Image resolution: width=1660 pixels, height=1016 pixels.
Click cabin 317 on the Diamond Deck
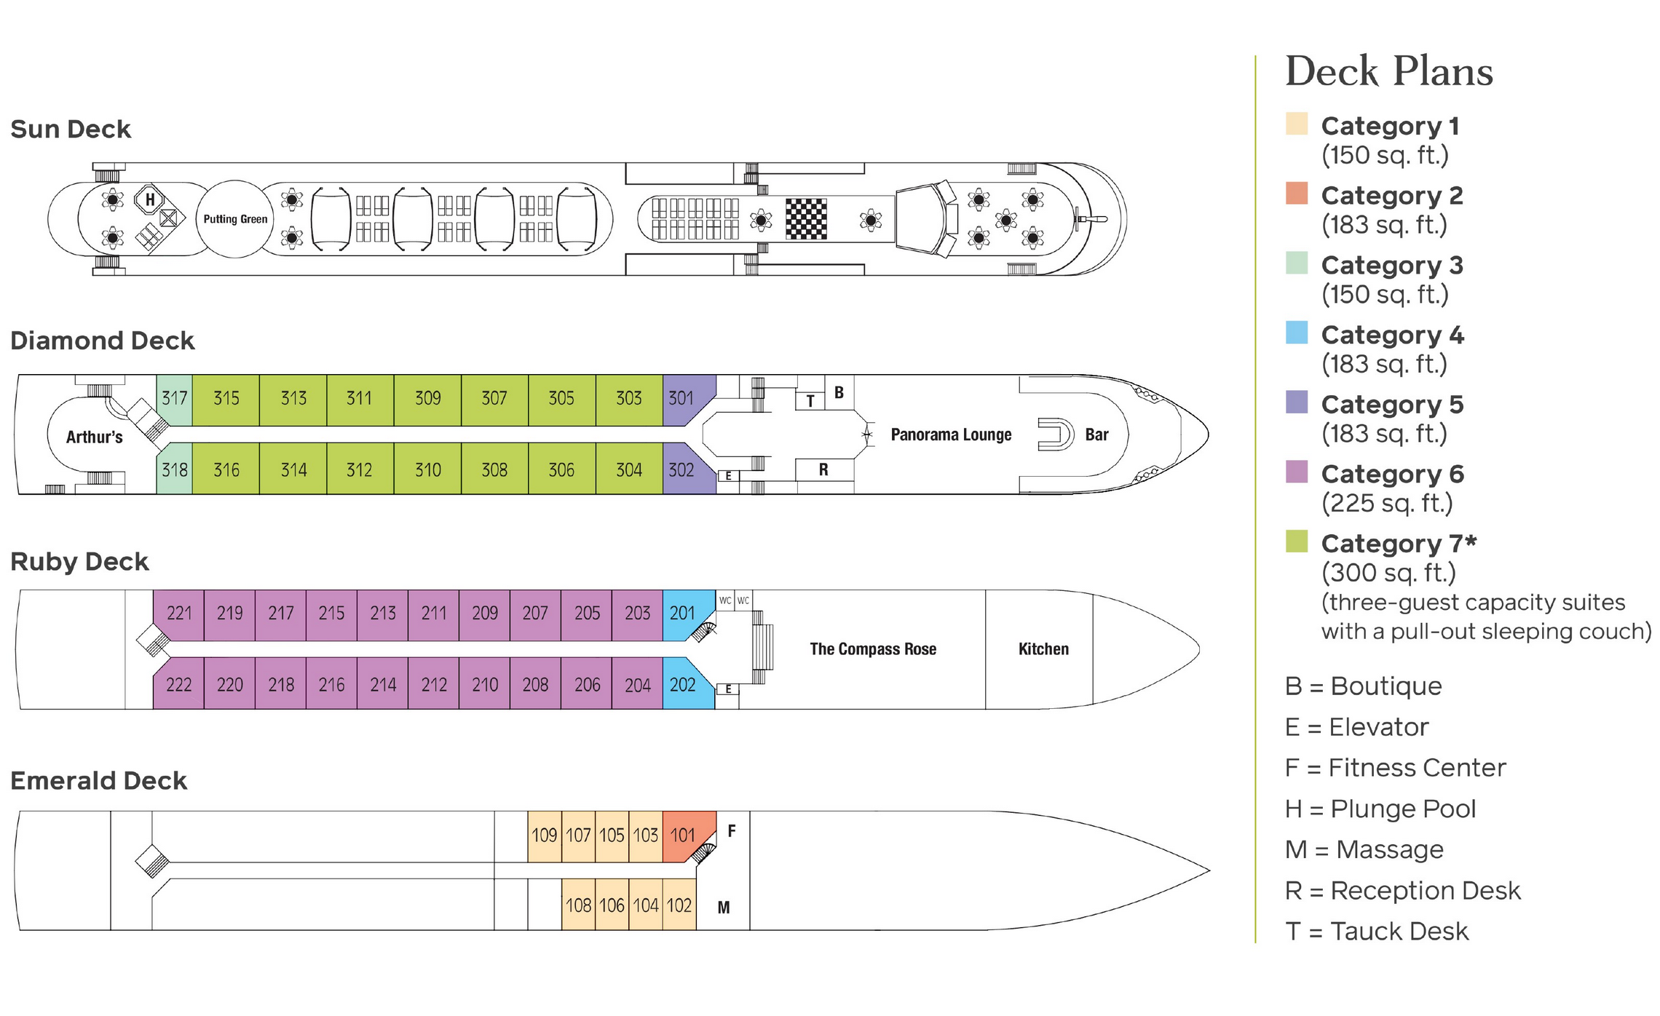click(x=174, y=398)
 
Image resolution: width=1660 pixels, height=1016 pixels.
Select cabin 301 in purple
click(x=682, y=398)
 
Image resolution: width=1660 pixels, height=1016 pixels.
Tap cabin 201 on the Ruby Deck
click(x=682, y=613)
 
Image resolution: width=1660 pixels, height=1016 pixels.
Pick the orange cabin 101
click(x=683, y=835)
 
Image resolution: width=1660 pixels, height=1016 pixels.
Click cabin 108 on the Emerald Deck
click(x=578, y=905)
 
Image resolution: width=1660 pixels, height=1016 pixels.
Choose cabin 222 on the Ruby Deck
click(x=178, y=684)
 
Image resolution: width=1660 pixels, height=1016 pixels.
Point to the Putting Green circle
click(x=234, y=219)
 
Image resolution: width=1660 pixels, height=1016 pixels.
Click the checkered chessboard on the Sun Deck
click(x=806, y=218)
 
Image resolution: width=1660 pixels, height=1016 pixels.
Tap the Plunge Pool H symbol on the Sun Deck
click(x=150, y=199)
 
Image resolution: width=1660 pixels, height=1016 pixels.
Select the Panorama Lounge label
click(x=951, y=434)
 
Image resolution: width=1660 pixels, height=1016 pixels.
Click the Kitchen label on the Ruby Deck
click(x=1043, y=649)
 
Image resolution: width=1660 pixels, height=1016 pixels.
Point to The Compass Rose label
click(x=873, y=649)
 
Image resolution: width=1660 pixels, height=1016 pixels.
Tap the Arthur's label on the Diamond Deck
click(x=94, y=437)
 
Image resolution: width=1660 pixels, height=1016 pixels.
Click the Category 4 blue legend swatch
click(x=1297, y=333)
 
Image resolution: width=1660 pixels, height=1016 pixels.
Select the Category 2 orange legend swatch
click(x=1297, y=193)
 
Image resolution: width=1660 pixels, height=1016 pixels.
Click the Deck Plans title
click(x=1389, y=71)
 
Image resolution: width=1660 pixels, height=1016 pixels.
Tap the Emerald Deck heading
click(x=98, y=780)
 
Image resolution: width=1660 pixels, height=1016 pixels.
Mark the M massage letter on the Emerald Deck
click(x=723, y=907)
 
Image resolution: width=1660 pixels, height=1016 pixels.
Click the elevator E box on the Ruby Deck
click(x=727, y=688)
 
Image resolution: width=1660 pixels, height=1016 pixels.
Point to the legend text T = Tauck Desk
click(x=1377, y=931)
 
